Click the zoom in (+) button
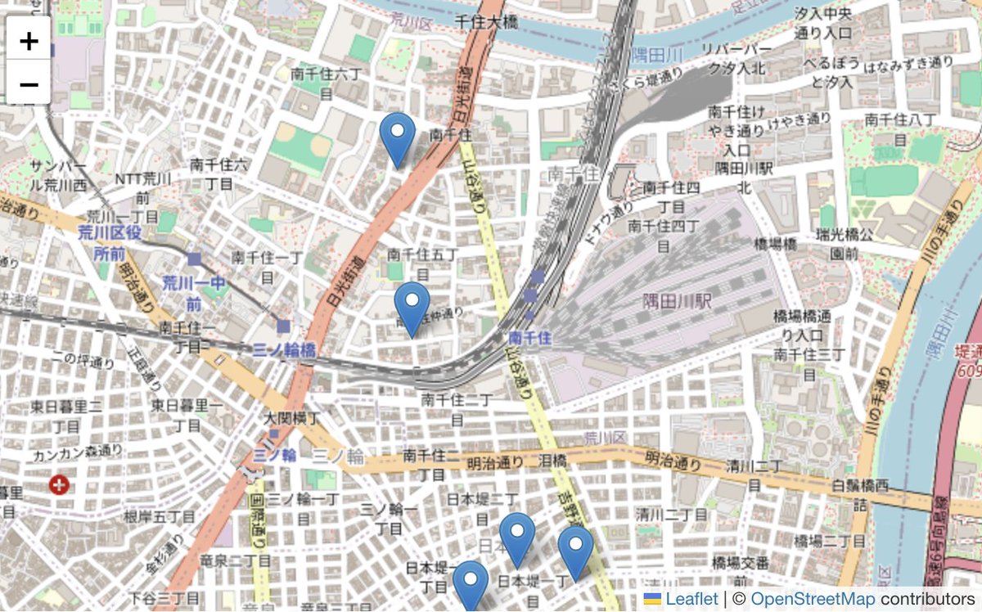(29, 40)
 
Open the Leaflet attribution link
(691, 599)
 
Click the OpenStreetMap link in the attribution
(812, 599)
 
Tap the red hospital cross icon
(59, 485)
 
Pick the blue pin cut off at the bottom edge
(471, 586)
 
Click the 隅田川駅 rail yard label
(677, 301)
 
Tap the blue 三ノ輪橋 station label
(284, 350)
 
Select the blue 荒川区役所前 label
(110, 243)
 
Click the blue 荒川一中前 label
(193, 293)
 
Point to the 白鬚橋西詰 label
(859, 495)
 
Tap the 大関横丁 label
(291, 418)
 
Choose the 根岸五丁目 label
(160, 517)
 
